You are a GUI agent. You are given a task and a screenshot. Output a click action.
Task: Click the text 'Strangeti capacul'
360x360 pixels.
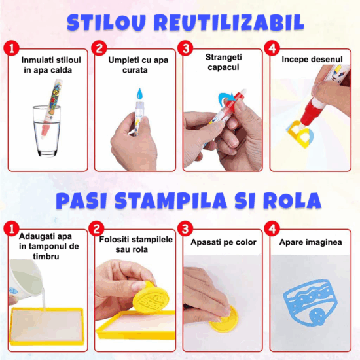click(x=223, y=62)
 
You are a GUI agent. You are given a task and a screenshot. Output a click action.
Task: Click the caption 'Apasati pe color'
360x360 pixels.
click(x=223, y=242)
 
